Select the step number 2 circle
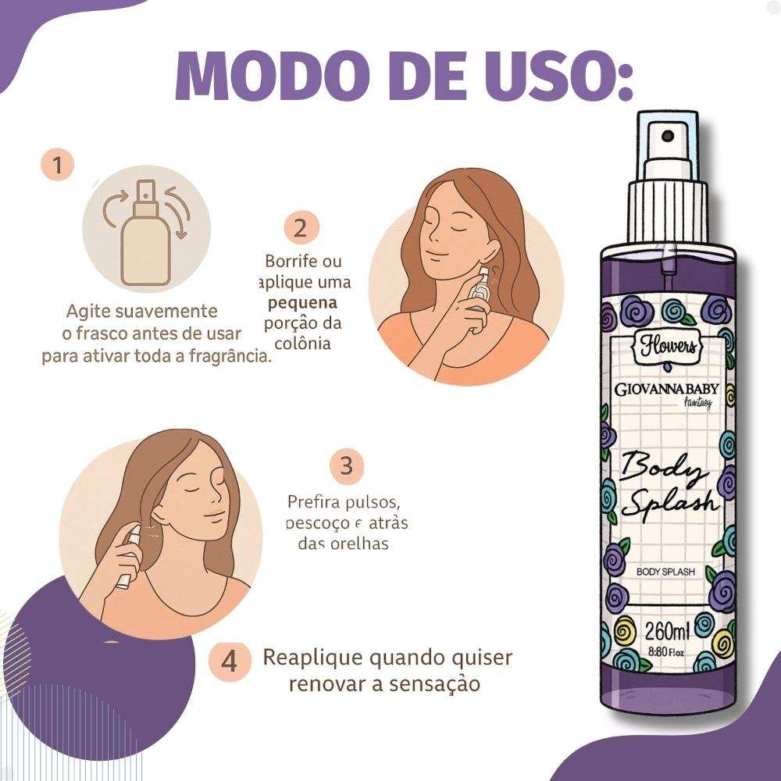click(x=301, y=228)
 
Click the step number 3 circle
click(x=346, y=467)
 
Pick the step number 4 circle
click(x=229, y=662)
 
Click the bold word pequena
click(x=302, y=302)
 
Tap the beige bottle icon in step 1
click(x=146, y=234)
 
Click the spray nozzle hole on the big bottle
click(x=667, y=136)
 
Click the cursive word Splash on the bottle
click(x=669, y=500)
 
